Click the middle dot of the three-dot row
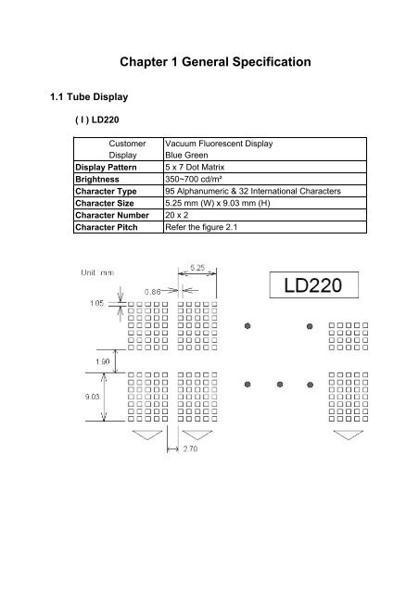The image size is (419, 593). click(x=279, y=384)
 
